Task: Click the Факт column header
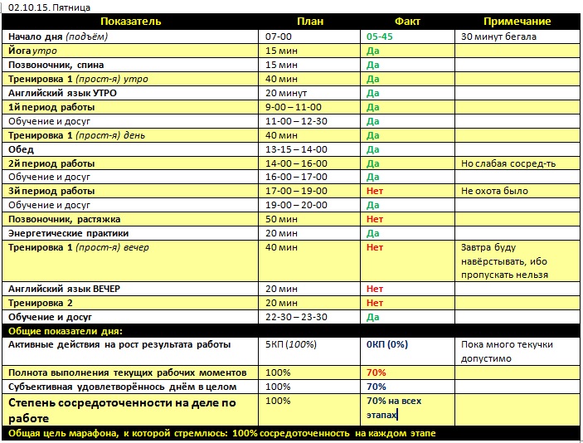[x=408, y=22]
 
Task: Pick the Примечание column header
[x=517, y=22]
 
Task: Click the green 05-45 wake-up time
[x=379, y=37]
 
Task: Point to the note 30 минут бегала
[x=498, y=37]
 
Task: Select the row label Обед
[x=22, y=149]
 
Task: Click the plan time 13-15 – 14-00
[x=296, y=149]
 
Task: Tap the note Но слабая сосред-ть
[x=508, y=163]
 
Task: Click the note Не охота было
[x=494, y=191]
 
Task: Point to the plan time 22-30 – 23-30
[x=296, y=317]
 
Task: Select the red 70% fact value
[x=376, y=372]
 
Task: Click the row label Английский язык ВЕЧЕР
[x=64, y=289]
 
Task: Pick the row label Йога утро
[x=32, y=51]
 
